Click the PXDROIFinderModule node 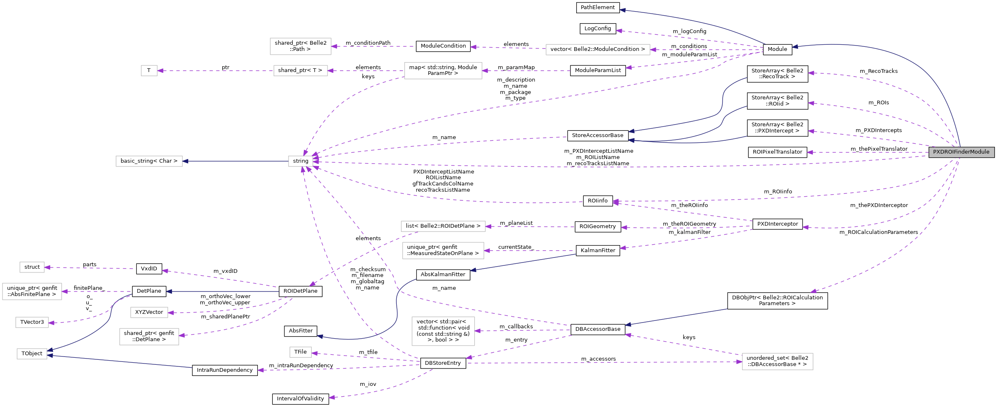click(961, 152)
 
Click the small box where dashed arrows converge click(301, 161)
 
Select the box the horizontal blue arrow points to click(149, 161)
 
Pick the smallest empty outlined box click(149, 71)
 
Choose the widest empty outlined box click(598, 50)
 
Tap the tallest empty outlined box click(443, 331)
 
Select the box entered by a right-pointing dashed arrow click(777, 361)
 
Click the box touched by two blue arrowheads click(32, 354)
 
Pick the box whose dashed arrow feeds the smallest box click(301, 71)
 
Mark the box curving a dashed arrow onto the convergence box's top click(443, 71)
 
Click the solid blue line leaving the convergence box click(236, 161)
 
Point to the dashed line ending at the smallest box click(216, 71)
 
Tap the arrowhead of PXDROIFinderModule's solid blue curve click(795, 47)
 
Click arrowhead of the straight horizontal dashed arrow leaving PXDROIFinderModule click(810, 152)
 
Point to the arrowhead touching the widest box click(653, 50)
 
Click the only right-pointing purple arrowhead click(739, 362)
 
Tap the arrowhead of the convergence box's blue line click(186, 161)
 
